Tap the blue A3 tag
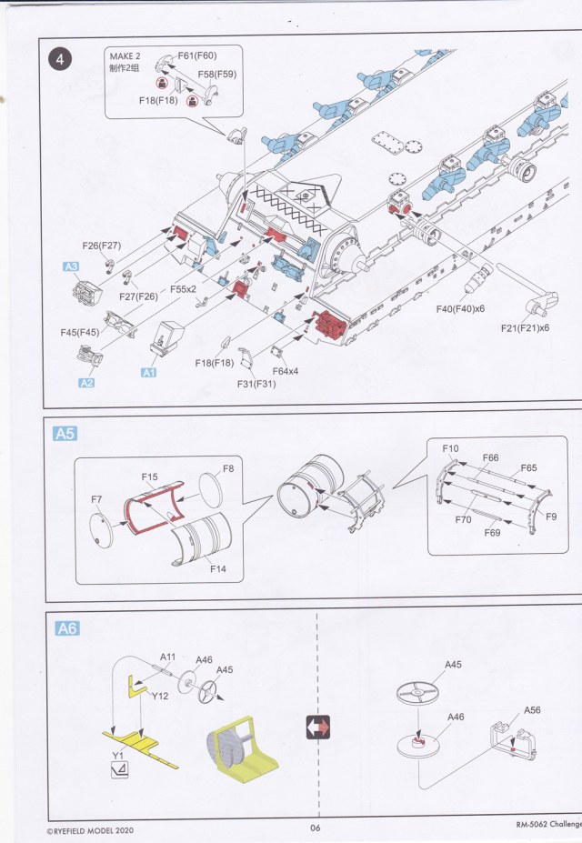(70, 266)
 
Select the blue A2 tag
(86, 383)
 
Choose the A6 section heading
(66, 628)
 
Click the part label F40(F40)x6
(458, 309)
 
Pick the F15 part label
(150, 477)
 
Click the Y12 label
(161, 697)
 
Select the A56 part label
(532, 710)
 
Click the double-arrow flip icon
(317, 728)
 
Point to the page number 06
(316, 827)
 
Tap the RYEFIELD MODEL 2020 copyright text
(92, 830)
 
